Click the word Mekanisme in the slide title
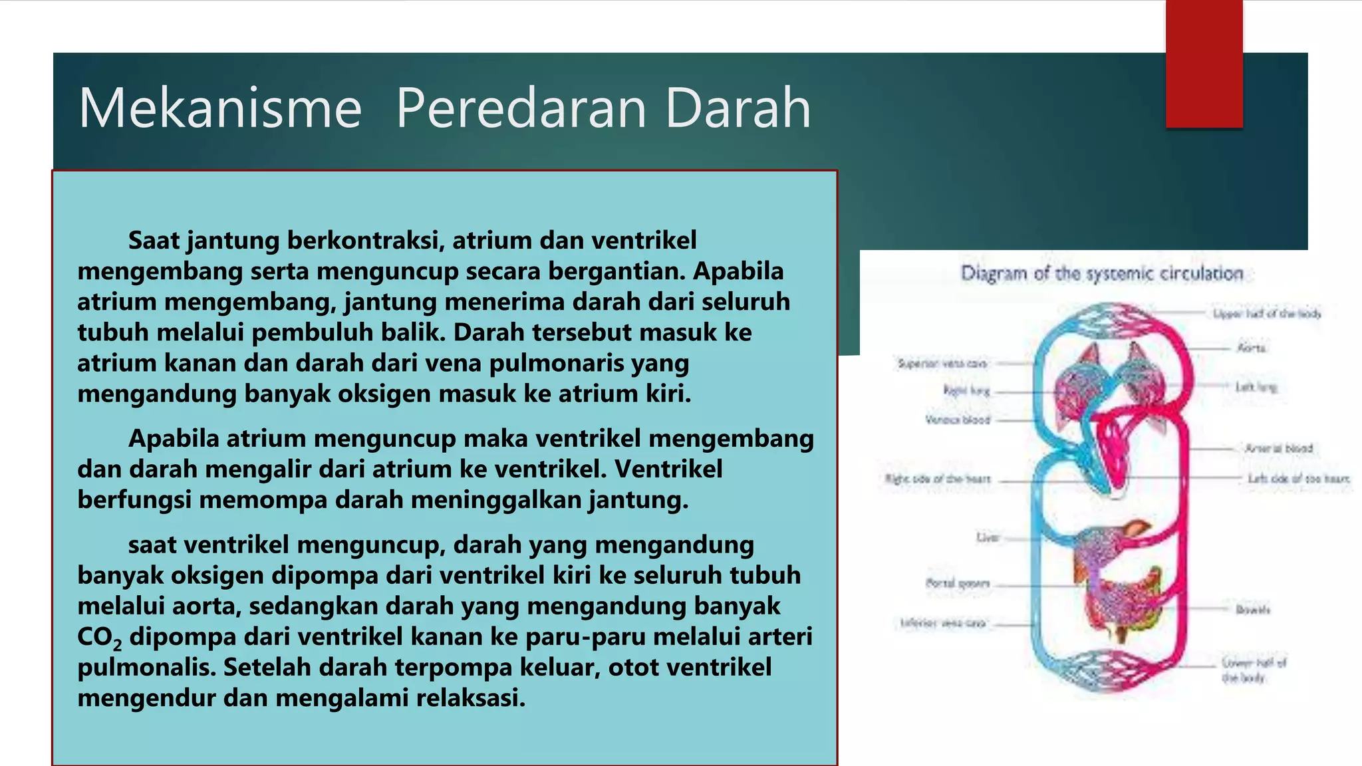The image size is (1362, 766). pyautogui.click(x=220, y=108)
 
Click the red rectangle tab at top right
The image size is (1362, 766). pyautogui.click(x=1204, y=64)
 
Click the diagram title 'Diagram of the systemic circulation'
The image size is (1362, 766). pyautogui.click(x=1101, y=273)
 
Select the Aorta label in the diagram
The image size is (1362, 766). pyautogui.click(x=1251, y=348)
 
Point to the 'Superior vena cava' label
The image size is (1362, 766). pyautogui.click(x=942, y=364)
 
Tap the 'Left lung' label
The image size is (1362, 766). pyautogui.click(x=1256, y=386)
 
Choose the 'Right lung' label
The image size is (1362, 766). pyautogui.click(x=966, y=390)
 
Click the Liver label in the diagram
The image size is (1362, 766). pyautogui.click(x=988, y=537)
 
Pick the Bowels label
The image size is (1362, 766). pyautogui.click(x=1253, y=609)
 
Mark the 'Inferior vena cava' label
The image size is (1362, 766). pyautogui.click(x=942, y=623)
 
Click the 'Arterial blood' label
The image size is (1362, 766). pyautogui.click(x=1279, y=448)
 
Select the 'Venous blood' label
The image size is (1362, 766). pyautogui.click(x=958, y=420)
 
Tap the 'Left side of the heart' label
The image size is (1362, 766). pyautogui.click(x=1298, y=478)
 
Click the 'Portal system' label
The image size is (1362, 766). pyautogui.click(x=958, y=583)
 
